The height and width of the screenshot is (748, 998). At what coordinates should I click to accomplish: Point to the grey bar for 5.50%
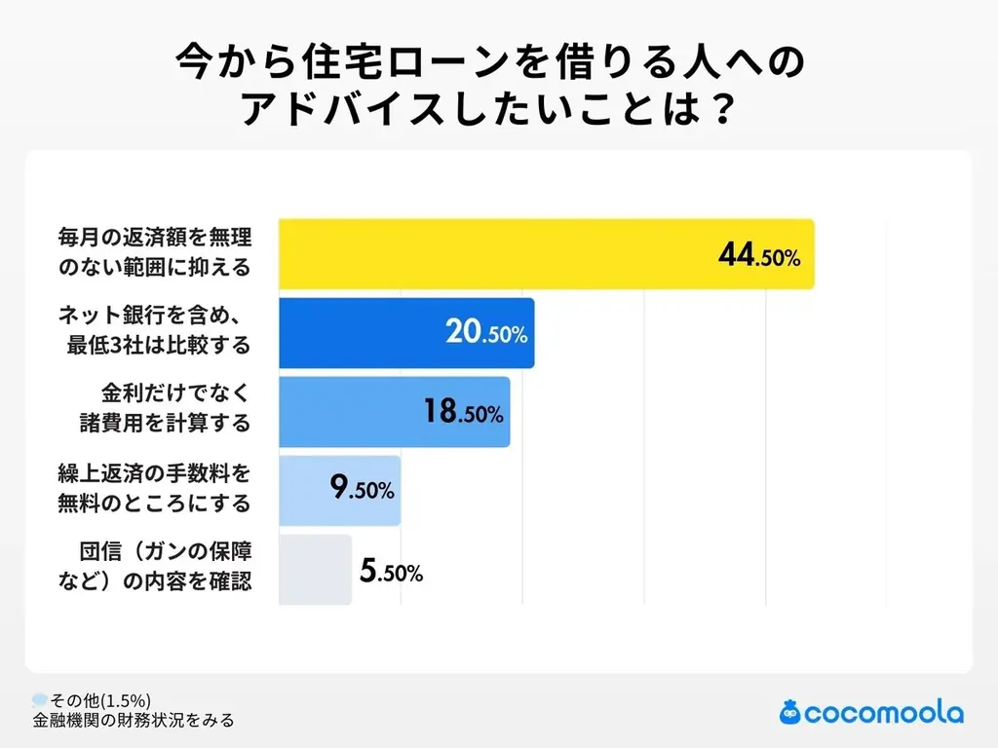[315, 570]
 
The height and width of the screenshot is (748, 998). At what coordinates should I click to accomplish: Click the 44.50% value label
[758, 256]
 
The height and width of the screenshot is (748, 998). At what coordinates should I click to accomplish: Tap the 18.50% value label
[463, 412]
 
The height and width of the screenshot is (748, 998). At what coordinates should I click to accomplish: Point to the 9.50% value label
[362, 489]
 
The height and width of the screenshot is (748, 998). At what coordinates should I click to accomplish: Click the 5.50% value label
[391, 572]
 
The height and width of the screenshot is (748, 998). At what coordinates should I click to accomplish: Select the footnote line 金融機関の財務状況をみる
[133, 721]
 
